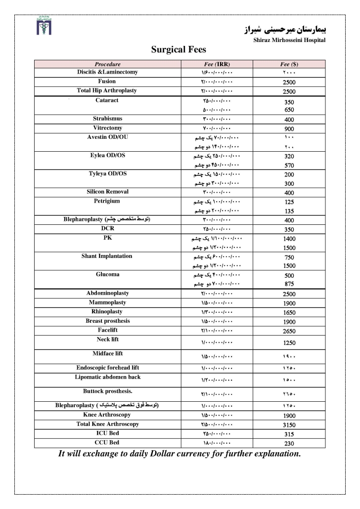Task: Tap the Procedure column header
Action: [x=107, y=64]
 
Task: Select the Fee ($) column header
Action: [x=289, y=64]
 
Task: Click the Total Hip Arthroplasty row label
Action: [x=107, y=90]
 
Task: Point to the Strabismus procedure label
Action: [x=107, y=119]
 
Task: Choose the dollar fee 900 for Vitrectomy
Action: [x=289, y=128]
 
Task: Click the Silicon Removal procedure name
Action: [x=107, y=192]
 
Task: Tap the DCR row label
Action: [x=107, y=229]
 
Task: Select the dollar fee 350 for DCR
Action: [x=289, y=230]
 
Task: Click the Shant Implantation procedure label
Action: [x=107, y=256]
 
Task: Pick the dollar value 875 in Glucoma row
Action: [x=289, y=285]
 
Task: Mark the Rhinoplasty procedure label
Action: [x=107, y=312]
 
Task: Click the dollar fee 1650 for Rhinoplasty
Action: [x=289, y=313]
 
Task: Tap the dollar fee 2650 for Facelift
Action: [x=289, y=331]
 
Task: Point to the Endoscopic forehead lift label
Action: [x=107, y=368]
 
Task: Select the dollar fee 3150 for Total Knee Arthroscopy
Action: [x=289, y=425]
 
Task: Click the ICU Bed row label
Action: [x=107, y=433]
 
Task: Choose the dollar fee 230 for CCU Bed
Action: [x=289, y=443]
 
